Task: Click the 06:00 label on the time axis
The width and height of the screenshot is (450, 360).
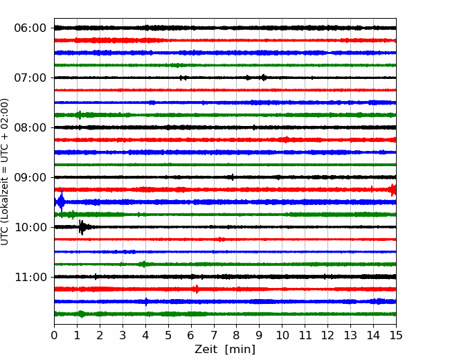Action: tap(30, 28)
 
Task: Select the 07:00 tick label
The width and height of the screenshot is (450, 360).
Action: tap(30, 78)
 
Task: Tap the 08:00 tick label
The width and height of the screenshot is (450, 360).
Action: tap(30, 127)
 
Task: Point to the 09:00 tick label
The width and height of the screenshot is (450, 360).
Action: tap(30, 177)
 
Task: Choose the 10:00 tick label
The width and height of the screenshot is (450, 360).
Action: tap(30, 227)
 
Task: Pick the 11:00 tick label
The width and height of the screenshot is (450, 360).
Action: tap(30, 277)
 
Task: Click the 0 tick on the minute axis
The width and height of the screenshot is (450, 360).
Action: tap(54, 335)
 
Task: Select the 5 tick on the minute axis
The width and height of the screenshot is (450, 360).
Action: tap(168, 335)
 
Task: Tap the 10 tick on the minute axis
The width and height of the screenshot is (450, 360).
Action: tap(282, 335)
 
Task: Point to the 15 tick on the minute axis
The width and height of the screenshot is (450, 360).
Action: tap(396, 335)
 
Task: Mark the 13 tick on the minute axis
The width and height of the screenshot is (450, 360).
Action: tap(350, 335)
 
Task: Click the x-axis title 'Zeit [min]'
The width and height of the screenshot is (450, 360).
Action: tap(225, 350)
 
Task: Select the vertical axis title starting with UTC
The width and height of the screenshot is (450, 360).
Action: tap(5, 172)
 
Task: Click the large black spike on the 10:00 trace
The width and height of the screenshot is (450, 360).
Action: tap(82, 227)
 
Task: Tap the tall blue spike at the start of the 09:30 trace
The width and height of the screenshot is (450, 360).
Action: tap(61, 202)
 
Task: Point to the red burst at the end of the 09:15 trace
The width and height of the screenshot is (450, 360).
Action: tap(393, 190)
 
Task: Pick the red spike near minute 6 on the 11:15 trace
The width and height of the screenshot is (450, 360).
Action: tap(197, 289)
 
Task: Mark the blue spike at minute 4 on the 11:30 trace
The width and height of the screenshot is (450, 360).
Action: tap(146, 302)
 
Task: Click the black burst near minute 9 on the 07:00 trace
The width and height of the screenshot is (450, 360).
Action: tap(263, 78)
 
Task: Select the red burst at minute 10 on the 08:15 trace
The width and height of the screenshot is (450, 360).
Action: tap(285, 140)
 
